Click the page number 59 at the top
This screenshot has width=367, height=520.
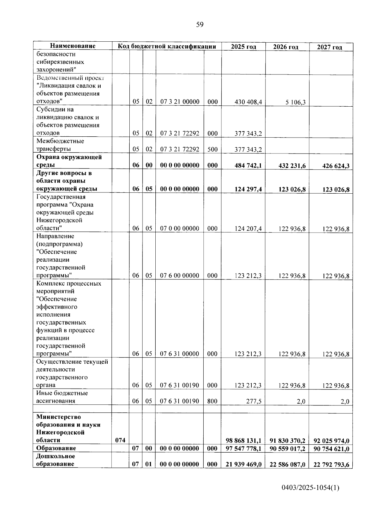point(199,25)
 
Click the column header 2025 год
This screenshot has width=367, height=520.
point(243,47)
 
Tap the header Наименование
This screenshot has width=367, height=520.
point(72,46)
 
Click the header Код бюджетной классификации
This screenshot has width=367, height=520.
point(167,46)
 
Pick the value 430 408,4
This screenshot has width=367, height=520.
point(248,102)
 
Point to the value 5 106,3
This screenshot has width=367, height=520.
point(295,102)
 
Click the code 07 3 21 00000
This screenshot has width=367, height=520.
point(180,102)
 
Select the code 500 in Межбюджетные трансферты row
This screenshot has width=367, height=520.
point(213,150)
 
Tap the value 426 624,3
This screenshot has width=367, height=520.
point(336,166)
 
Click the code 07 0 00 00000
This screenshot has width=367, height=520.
point(180,229)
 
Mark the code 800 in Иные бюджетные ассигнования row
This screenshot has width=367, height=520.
point(213,401)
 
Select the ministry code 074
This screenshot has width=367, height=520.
point(120,440)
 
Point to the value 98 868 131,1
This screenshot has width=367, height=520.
point(243,441)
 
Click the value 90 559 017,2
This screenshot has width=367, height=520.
point(287,449)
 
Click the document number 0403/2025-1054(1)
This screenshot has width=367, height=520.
point(310,488)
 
